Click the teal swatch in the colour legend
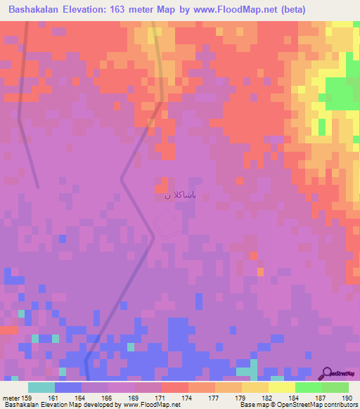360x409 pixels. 41,387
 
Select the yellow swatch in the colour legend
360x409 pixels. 281,387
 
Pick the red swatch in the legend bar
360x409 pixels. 174,387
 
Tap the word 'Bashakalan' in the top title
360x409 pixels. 36,10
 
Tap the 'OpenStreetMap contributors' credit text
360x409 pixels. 324,404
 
